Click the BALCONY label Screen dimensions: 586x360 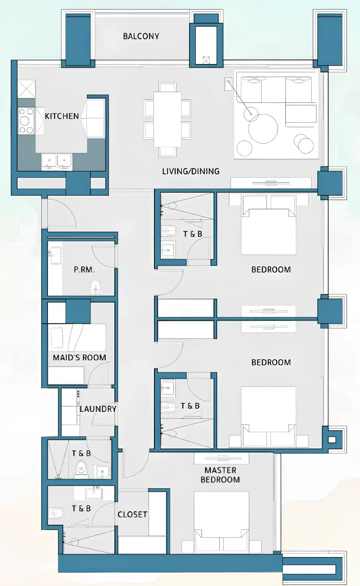(x=141, y=36)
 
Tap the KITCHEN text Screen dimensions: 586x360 (x=62, y=116)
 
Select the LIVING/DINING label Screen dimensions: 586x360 (x=191, y=171)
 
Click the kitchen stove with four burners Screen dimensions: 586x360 (x=26, y=121)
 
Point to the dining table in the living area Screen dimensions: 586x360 (x=167, y=119)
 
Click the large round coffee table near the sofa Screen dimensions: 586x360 (x=263, y=129)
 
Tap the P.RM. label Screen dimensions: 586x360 (x=84, y=270)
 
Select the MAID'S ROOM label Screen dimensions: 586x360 (x=79, y=357)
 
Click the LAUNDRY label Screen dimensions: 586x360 (x=98, y=409)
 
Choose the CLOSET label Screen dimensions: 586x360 (x=132, y=514)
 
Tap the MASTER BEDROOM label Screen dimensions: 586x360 (x=220, y=475)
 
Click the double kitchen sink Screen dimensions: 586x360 (x=57, y=161)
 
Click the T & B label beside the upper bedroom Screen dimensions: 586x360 (x=193, y=234)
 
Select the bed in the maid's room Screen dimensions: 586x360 (x=77, y=337)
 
